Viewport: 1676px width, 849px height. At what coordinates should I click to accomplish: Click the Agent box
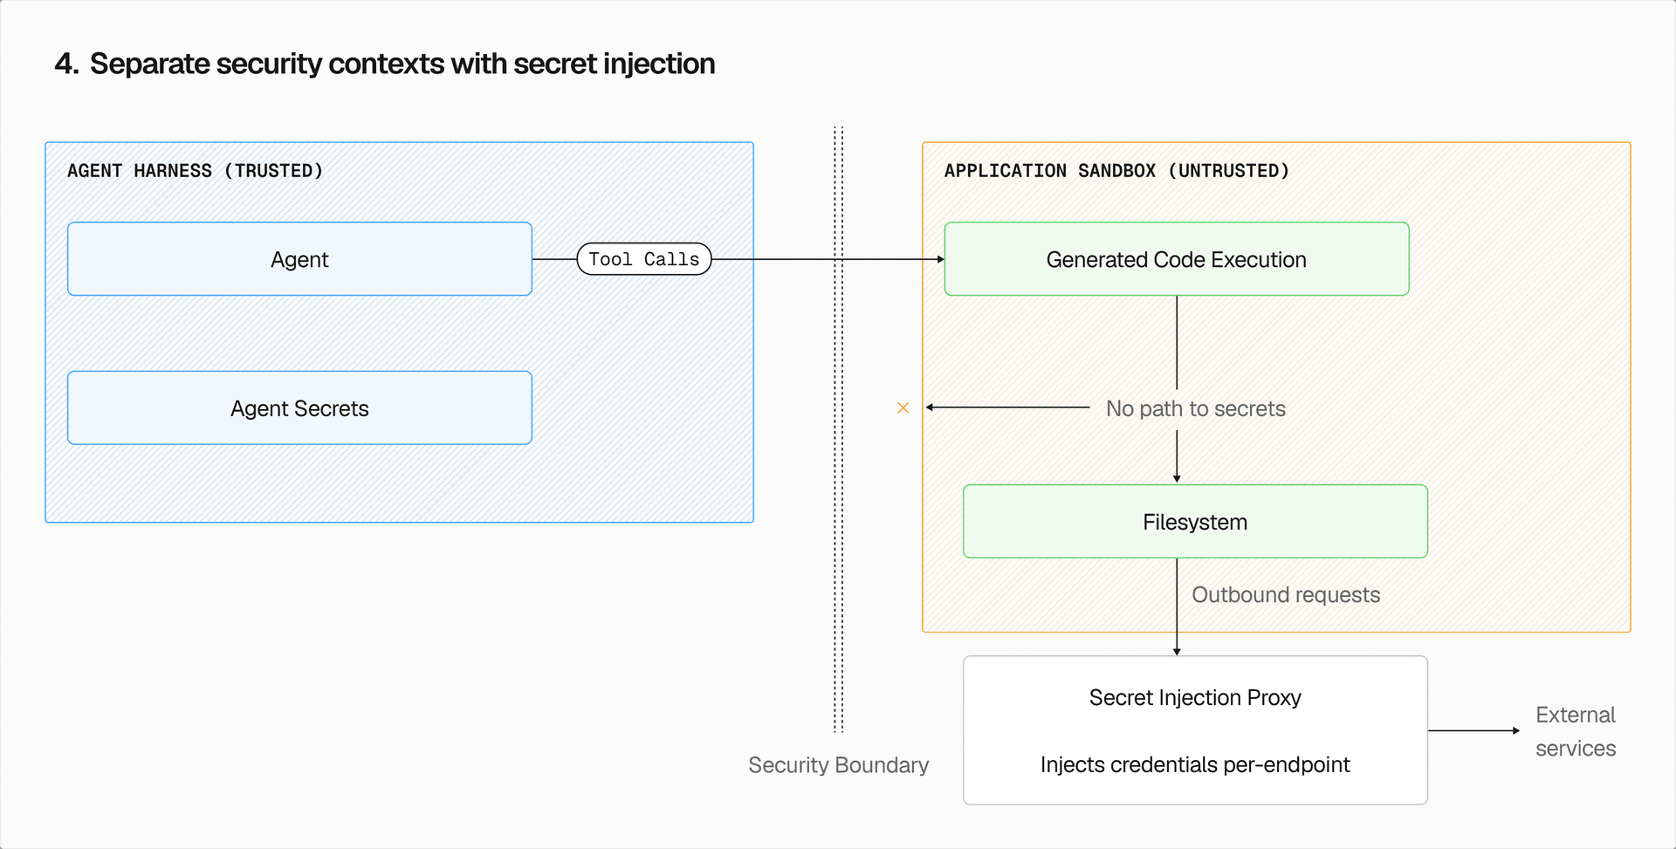[x=299, y=259]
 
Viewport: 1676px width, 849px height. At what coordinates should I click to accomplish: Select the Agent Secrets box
[x=299, y=408]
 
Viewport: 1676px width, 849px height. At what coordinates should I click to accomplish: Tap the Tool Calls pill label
[x=644, y=259]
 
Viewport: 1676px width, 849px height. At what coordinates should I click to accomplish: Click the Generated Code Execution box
[x=1176, y=259]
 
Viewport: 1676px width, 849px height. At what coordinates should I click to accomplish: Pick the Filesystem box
[x=1195, y=522]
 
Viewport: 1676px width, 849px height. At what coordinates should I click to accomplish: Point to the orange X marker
[x=903, y=407]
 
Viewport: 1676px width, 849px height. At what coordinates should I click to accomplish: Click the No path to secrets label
[x=1195, y=408]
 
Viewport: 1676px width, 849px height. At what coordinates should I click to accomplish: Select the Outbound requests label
[x=1286, y=595]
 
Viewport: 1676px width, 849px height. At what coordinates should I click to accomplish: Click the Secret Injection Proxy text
[x=1195, y=698]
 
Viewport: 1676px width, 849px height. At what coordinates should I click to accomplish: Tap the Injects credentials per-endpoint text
[x=1195, y=765]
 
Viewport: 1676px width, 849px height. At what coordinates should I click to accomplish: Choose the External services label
[x=1576, y=731]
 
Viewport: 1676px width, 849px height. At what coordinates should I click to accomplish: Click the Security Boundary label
[x=838, y=765]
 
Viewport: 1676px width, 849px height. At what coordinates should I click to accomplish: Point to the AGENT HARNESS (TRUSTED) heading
[x=195, y=171]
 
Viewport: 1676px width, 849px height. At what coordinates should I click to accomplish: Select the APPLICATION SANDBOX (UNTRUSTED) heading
[x=1116, y=171]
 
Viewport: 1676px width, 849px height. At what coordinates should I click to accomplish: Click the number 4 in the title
[x=64, y=64]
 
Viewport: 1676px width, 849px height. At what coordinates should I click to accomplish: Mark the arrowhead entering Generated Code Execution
[x=940, y=259]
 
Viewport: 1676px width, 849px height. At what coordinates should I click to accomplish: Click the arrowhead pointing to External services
[x=1515, y=730]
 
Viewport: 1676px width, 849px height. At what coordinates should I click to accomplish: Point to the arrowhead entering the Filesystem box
[x=1177, y=479]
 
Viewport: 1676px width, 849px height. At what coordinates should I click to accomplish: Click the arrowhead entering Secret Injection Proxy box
[x=1177, y=651]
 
